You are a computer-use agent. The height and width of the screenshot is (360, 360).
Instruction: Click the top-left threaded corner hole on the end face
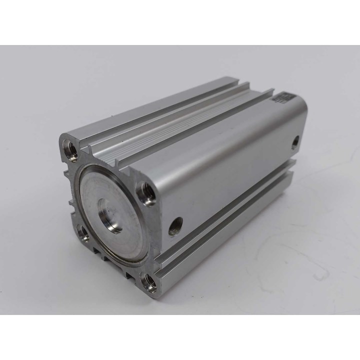pyautogui.click(x=68, y=146)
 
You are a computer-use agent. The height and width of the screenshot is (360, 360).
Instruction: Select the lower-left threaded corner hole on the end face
pyautogui.click(x=81, y=232)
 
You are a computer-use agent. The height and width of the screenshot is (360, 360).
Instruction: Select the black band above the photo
pyautogui.click(x=180, y=22)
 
